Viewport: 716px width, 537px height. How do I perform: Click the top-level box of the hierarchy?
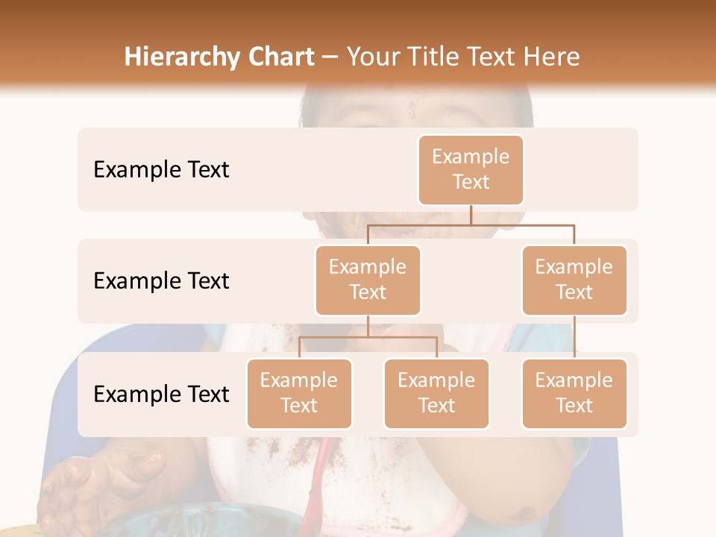pos(471,169)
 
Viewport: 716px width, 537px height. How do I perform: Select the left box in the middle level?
pos(368,280)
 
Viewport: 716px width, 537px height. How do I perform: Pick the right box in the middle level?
pos(574,280)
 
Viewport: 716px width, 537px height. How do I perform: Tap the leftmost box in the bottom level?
pos(299,393)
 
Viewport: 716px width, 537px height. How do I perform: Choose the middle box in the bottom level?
pos(436,393)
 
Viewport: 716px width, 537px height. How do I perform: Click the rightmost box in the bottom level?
pos(574,393)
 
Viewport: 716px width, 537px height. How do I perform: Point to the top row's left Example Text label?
pos(161,170)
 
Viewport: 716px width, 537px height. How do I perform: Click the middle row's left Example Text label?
pos(161,281)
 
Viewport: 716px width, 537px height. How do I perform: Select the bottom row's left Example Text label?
pos(161,394)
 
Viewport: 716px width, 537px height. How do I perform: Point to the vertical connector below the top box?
pos(471,215)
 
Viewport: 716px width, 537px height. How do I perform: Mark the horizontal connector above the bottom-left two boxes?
pos(368,337)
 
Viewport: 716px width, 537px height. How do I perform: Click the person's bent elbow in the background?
pos(522,507)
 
